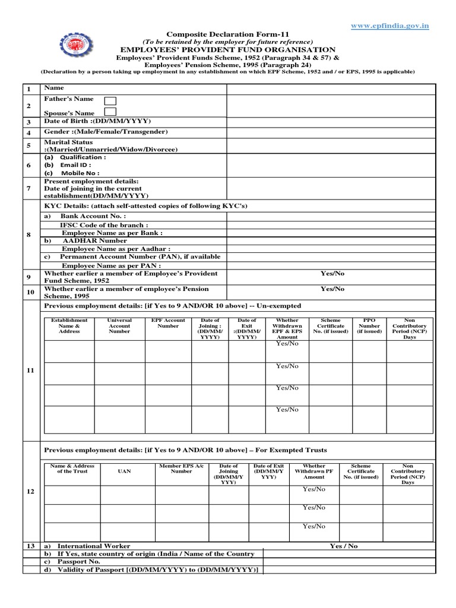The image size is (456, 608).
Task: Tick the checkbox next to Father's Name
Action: tap(110, 100)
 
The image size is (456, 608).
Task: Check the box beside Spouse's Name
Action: tap(110, 112)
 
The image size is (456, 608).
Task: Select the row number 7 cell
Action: tap(28, 188)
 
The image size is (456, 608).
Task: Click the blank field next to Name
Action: tap(331, 88)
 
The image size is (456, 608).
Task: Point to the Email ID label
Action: tap(74, 165)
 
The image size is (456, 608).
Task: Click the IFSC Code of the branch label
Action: tap(103, 226)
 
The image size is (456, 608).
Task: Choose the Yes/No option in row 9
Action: tap(332, 273)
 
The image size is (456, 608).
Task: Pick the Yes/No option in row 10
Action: tap(332, 289)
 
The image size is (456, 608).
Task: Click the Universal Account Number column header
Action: tap(119, 326)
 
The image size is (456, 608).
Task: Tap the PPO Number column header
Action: tap(369, 326)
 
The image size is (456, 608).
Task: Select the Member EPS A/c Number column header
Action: tap(182, 468)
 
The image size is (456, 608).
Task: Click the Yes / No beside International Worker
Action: tap(344, 546)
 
